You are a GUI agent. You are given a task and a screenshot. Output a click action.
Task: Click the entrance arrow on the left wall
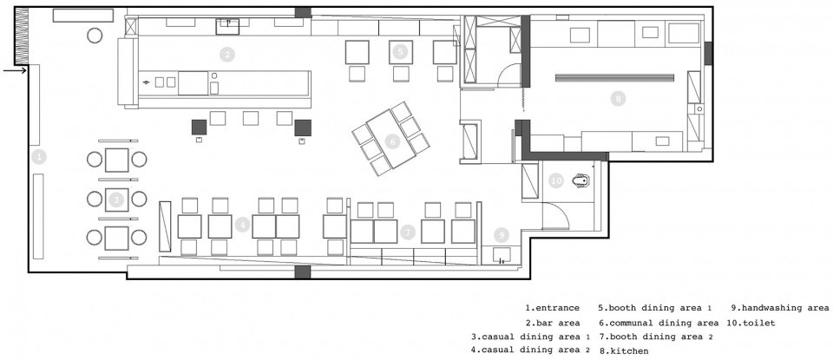click(x=15, y=70)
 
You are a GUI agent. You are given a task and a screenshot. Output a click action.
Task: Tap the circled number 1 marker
click(x=39, y=157)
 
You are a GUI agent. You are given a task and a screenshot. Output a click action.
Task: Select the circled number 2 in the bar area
click(x=226, y=54)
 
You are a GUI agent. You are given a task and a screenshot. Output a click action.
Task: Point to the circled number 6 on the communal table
click(x=392, y=141)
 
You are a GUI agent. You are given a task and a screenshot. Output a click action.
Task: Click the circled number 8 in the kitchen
click(x=617, y=98)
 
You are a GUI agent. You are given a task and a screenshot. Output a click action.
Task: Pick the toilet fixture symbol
click(x=581, y=181)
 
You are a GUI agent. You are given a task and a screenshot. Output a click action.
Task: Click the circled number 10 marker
click(x=555, y=180)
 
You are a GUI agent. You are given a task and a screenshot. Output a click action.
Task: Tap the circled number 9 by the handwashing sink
click(x=501, y=235)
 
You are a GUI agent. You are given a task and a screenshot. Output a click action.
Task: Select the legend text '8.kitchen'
click(x=624, y=351)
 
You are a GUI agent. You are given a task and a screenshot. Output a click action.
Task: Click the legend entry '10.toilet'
click(x=753, y=323)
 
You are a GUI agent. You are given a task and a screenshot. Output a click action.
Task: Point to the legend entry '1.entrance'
click(x=553, y=308)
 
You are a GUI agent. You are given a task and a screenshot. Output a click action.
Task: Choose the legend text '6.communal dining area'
click(x=659, y=323)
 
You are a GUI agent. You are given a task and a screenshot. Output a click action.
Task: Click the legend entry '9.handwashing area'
click(x=779, y=308)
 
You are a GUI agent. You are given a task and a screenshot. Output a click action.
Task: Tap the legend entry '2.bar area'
click(x=553, y=323)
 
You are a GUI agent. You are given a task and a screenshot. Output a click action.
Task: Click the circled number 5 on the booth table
click(x=401, y=51)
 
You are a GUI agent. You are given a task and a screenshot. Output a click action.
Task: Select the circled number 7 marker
click(x=408, y=232)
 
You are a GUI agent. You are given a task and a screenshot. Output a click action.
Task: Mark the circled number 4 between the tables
click(x=242, y=226)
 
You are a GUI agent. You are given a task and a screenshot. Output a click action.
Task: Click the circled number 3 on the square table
click(x=116, y=200)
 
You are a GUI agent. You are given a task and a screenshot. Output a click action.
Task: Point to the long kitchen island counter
click(x=614, y=77)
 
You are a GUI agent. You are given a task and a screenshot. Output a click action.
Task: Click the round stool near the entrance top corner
click(x=95, y=36)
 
